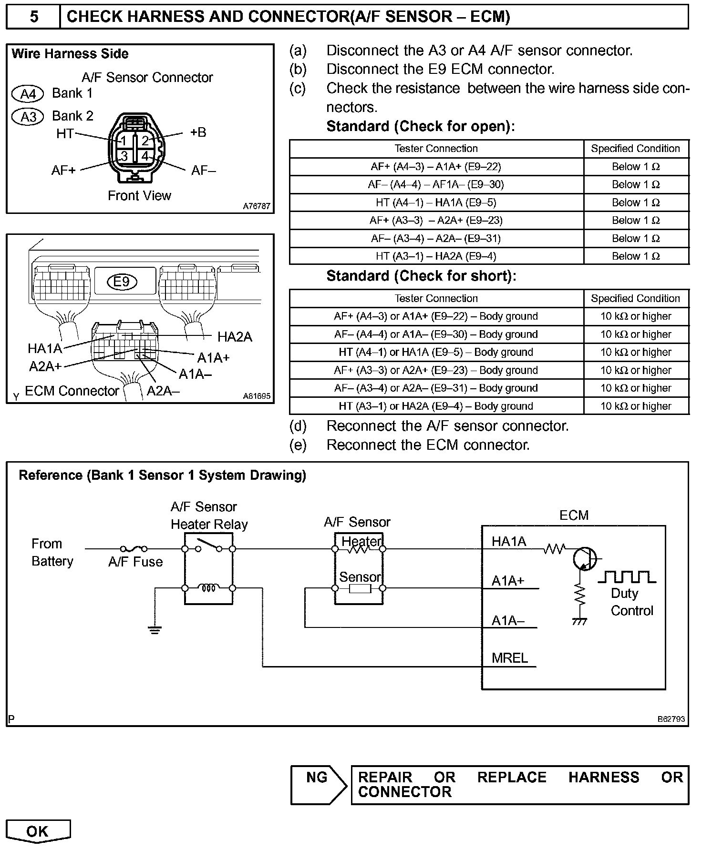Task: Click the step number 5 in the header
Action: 33,17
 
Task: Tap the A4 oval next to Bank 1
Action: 28,94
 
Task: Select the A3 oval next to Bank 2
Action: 28,117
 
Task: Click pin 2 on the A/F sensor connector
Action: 145,141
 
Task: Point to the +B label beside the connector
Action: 198,132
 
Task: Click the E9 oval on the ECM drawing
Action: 122,282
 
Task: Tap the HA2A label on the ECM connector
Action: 235,337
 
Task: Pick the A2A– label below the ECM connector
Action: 163,391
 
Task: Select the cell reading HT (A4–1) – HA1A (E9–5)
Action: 436,202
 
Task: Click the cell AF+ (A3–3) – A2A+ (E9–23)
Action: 436,221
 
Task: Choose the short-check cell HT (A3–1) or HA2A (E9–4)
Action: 436,406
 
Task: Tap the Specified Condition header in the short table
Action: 635,299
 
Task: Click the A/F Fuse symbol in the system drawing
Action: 134,549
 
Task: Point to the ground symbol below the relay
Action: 155,630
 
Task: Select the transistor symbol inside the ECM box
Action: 584,558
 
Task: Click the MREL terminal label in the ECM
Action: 510,658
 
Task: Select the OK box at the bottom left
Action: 38,831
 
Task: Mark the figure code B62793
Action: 671,719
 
